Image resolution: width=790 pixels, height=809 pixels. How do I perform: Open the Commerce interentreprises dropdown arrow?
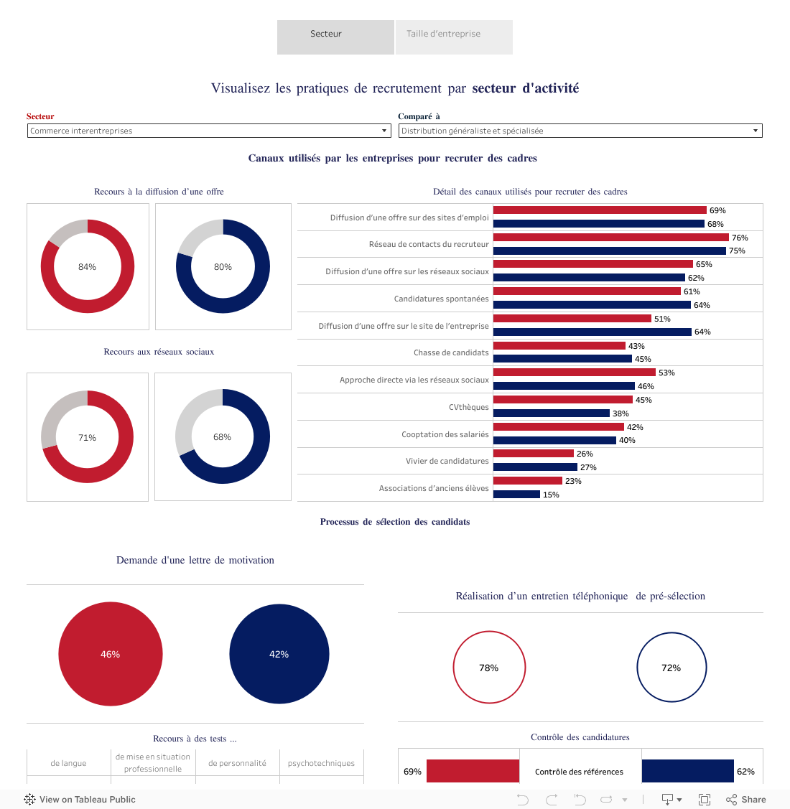385,131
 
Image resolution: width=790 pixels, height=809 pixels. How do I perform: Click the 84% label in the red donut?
87,267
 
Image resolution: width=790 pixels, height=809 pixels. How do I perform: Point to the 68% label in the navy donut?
222,437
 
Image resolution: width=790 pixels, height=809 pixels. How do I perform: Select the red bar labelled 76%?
610,238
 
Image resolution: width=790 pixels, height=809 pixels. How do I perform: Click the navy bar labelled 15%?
516,495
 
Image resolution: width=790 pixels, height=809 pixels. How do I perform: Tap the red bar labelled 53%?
574,373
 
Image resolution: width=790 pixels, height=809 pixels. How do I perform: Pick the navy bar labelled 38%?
551,413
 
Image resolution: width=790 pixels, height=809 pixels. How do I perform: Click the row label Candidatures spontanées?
441,299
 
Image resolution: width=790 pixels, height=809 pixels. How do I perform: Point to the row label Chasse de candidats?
451,352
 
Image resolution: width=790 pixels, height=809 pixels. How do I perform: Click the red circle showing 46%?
110,654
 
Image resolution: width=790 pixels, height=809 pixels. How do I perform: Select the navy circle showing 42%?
279,654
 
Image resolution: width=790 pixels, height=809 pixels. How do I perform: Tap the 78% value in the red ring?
488,668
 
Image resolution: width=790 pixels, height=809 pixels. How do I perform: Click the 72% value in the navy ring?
671,668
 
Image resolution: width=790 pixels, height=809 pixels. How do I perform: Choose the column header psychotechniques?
321,763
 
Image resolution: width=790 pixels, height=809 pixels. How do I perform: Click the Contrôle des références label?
579,772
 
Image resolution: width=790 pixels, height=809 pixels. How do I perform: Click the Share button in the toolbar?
746,800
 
